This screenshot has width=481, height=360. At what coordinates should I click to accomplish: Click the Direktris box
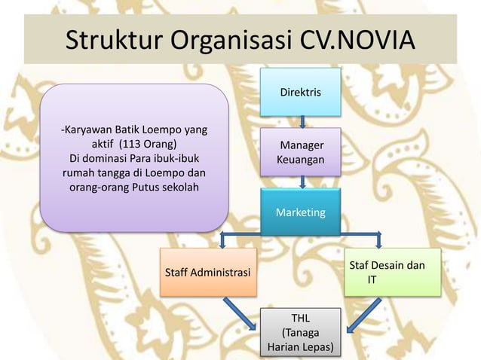click(x=300, y=92)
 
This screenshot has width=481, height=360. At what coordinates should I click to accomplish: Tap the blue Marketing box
click(x=300, y=212)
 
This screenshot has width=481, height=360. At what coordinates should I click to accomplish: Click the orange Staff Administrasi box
click(x=207, y=271)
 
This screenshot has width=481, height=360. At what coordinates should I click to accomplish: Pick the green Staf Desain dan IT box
click(x=393, y=272)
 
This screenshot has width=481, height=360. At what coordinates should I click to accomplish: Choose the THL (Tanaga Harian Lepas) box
click(x=300, y=331)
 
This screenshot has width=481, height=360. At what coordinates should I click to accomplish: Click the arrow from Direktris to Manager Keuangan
click(x=302, y=121)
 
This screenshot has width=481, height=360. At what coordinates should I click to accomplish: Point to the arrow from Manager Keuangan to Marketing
click(x=302, y=182)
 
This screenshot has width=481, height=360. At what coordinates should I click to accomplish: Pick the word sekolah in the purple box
click(x=178, y=187)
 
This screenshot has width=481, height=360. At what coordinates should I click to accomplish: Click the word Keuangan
click(x=301, y=160)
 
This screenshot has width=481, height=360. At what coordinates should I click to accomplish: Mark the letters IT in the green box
click(x=372, y=279)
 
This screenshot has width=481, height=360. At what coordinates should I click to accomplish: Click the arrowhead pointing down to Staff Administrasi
click(x=222, y=243)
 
